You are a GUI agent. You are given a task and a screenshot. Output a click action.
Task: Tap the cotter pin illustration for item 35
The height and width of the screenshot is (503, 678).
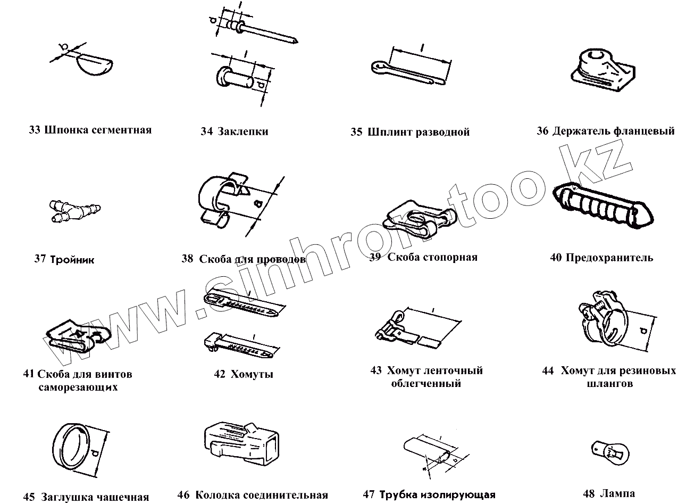(409, 72)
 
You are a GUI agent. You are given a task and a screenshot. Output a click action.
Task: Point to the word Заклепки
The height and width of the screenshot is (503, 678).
(243, 131)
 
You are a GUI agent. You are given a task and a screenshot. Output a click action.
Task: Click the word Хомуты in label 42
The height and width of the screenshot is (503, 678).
(252, 374)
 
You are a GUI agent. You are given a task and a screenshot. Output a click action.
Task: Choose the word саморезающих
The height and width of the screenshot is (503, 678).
(78, 387)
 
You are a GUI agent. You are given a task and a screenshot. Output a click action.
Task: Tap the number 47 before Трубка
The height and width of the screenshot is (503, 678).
(370, 494)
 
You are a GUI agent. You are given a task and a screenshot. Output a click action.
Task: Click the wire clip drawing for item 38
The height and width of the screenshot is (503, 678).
(223, 200)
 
